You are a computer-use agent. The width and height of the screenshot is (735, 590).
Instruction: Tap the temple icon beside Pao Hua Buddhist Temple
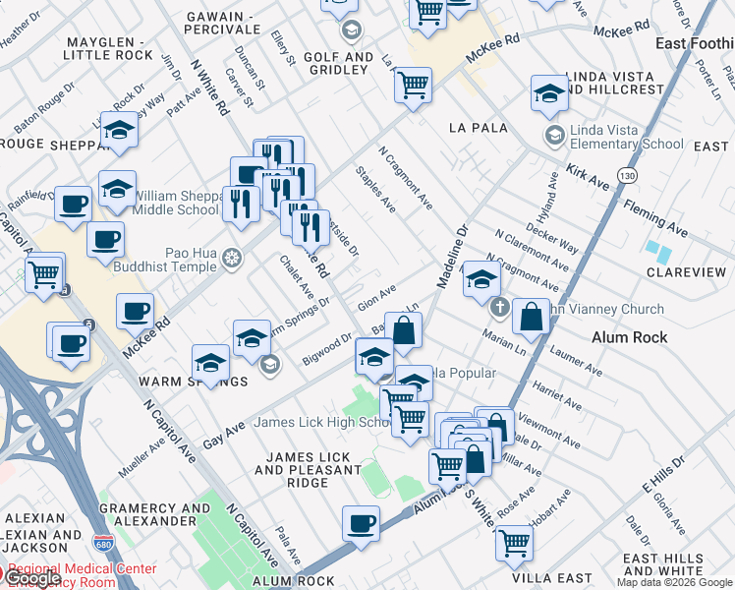[x=232, y=259]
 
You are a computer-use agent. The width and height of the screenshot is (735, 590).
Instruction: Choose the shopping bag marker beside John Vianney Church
[x=531, y=317]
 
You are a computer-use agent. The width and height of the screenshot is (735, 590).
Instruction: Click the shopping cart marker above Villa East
[x=514, y=542]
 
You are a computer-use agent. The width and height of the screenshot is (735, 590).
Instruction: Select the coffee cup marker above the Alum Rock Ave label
[x=361, y=522]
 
